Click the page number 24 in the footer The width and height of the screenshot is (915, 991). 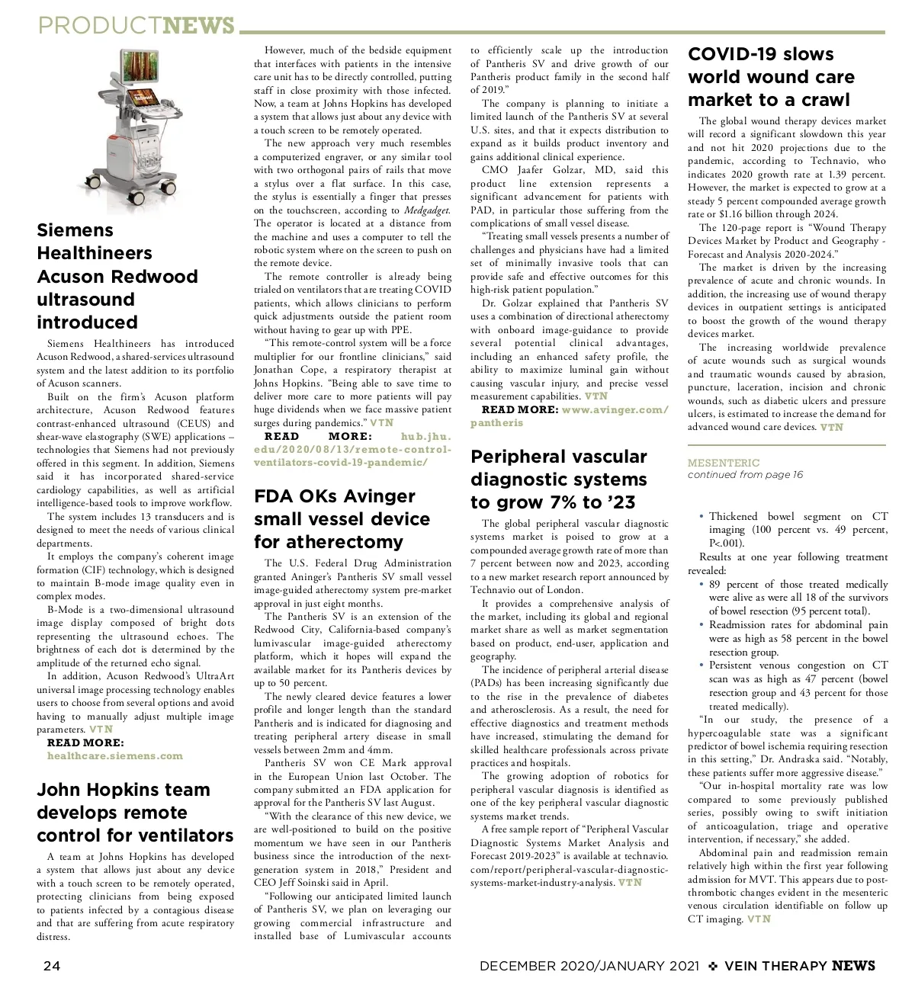(51, 966)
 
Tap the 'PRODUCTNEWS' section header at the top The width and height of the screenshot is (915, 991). (136, 26)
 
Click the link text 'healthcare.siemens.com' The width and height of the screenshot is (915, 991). (115, 756)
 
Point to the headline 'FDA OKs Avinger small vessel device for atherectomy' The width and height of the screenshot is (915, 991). (342, 519)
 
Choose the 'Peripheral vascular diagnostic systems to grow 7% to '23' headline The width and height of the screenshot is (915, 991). (559, 479)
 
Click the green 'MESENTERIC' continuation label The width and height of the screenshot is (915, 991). (724, 463)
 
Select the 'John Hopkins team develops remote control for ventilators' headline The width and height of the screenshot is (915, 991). (135, 813)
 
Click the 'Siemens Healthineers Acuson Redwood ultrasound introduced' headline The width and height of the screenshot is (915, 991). (117, 276)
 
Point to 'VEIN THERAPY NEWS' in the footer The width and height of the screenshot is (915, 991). (800, 966)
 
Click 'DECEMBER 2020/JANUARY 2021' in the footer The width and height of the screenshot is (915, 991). (589, 966)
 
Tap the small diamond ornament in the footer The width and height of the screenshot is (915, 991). (713, 966)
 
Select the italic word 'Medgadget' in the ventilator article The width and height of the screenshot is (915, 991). (427, 210)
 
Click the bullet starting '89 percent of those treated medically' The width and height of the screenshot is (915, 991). (798, 598)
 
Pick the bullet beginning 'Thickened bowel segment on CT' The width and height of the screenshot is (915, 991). (798, 530)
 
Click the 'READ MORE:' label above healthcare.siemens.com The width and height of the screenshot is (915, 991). (85, 742)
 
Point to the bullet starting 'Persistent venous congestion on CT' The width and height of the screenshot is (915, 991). (798, 685)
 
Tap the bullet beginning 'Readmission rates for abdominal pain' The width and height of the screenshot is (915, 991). (798, 638)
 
